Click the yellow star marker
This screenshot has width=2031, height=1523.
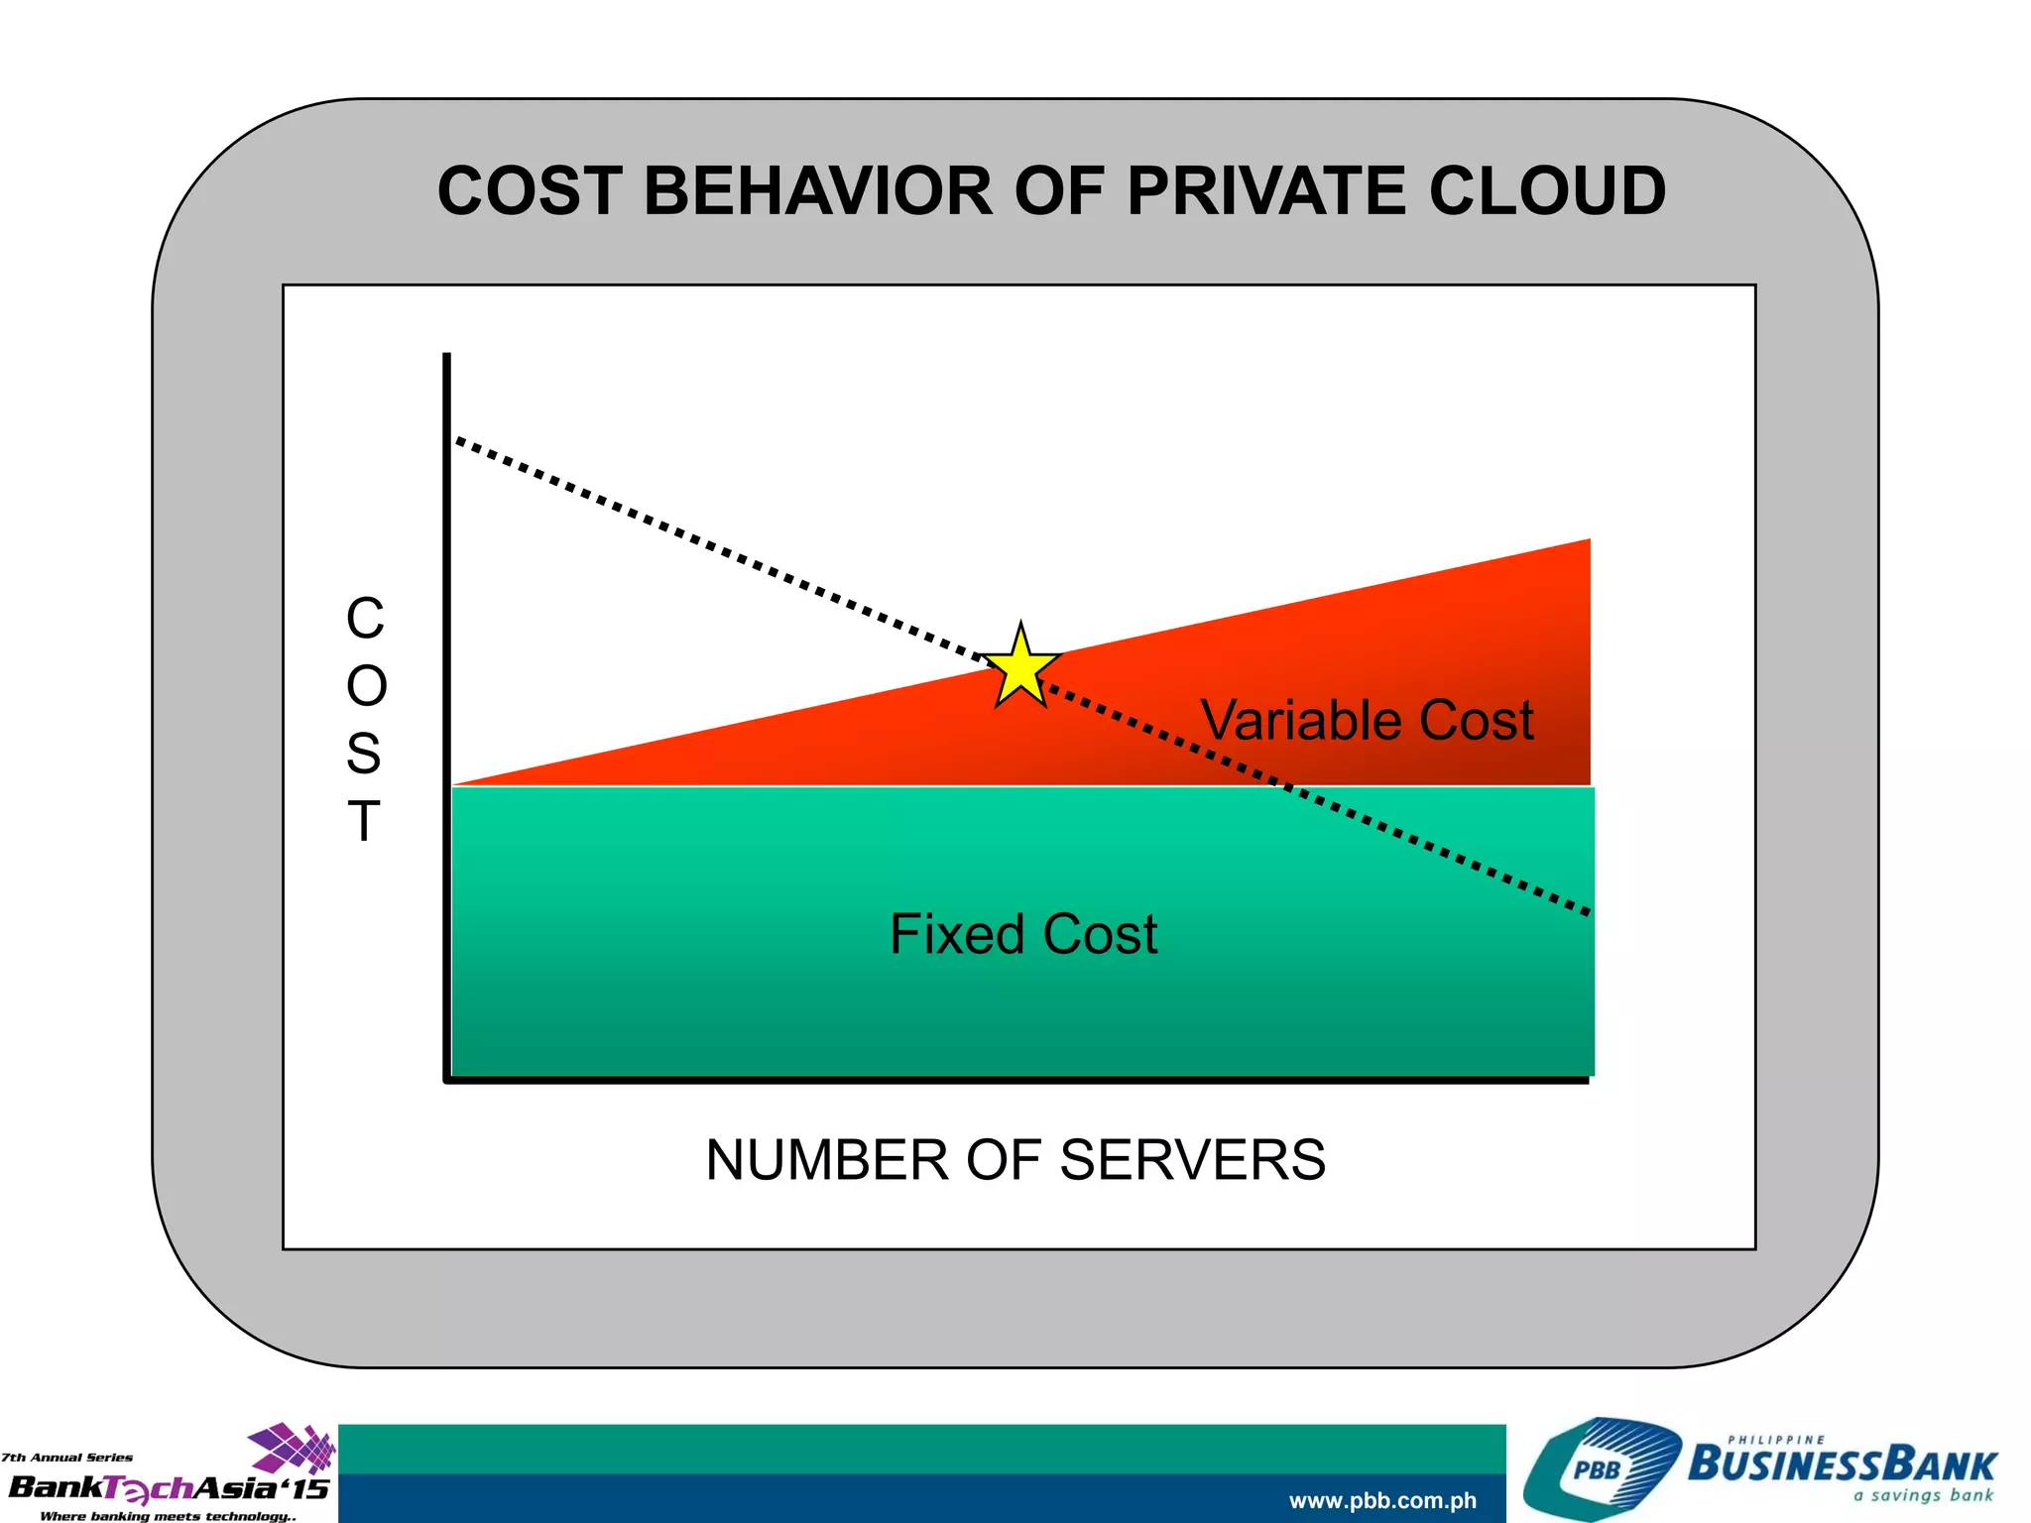(x=1019, y=666)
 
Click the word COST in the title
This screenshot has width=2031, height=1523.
(x=531, y=190)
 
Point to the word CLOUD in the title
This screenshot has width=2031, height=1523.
(x=1547, y=190)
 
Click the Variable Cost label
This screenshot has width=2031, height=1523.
(x=1367, y=720)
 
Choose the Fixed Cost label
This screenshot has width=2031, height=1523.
(x=1023, y=934)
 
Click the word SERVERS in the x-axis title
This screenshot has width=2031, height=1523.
(x=1192, y=1160)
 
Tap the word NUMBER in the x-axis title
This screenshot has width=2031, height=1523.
(x=827, y=1160)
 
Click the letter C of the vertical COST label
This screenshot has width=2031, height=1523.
(x=365, y=619)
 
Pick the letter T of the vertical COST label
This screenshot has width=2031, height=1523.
(x=364, y=822)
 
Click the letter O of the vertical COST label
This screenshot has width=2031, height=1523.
(x=366, y=686)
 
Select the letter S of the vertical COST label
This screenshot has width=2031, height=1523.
(x=364, y=755)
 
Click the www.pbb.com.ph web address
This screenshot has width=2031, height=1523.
(x=1382, y=1501)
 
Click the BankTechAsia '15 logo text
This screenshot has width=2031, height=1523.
(x=169, y=1488)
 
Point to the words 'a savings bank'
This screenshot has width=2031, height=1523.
(x=1923, y=1495)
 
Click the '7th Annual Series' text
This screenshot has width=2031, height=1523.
(x=67, y=1458)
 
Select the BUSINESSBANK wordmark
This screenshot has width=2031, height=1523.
(x=1842, y=1464)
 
